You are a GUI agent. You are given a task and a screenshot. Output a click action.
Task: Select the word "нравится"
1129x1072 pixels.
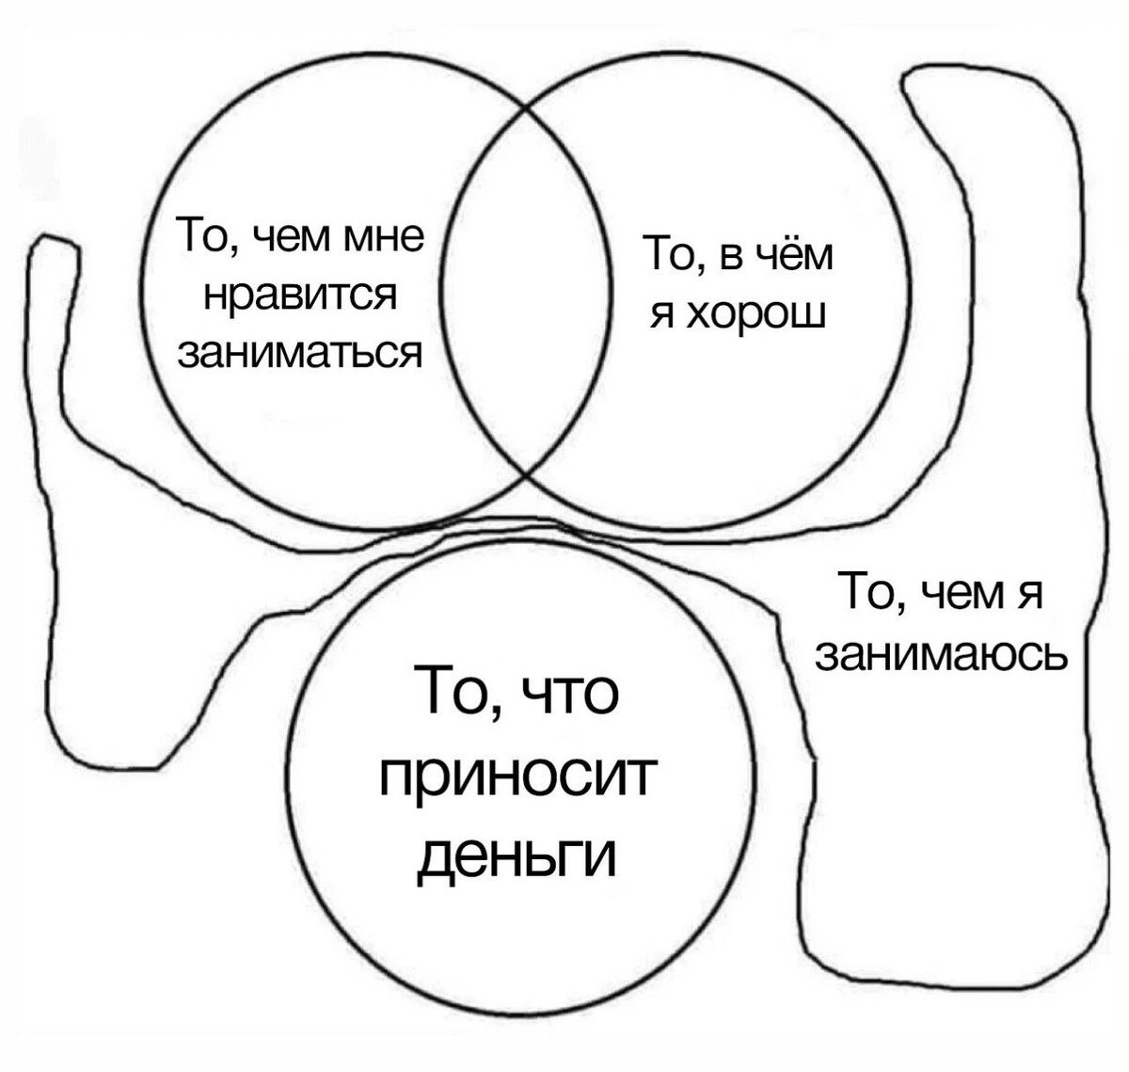point(301,296)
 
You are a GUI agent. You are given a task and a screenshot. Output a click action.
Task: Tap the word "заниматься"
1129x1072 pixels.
point(300,352)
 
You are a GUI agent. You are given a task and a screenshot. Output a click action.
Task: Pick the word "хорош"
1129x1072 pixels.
point(758,314)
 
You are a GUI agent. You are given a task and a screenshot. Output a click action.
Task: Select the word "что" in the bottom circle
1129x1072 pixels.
point(568,693)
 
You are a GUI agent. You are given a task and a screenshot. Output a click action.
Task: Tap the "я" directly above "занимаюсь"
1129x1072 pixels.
point(1028,597)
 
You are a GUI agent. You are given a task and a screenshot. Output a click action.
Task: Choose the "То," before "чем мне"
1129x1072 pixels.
point(207,236)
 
